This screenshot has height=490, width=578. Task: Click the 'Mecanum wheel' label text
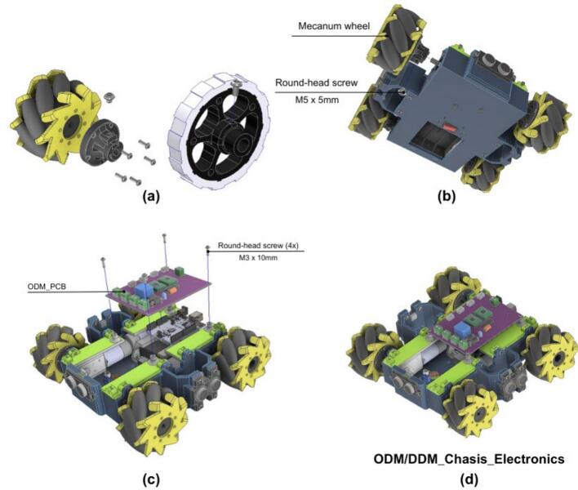click(x=334, y=26)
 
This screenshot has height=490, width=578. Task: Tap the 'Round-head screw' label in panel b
click(x=316, y=82)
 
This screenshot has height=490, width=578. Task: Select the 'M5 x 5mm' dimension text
click(x=317, y=100)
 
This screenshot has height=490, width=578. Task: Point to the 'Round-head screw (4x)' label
click(x=258, y=246)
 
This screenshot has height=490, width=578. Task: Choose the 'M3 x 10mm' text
click(x=258, y=258)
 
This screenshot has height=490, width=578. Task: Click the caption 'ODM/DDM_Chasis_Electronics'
click(x=469, y=459)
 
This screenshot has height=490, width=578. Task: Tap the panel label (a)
click(x=151, y=196)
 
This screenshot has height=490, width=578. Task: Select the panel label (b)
click(x=447, y=196)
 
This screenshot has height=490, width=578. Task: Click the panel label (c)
click(x=151, y=479)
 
